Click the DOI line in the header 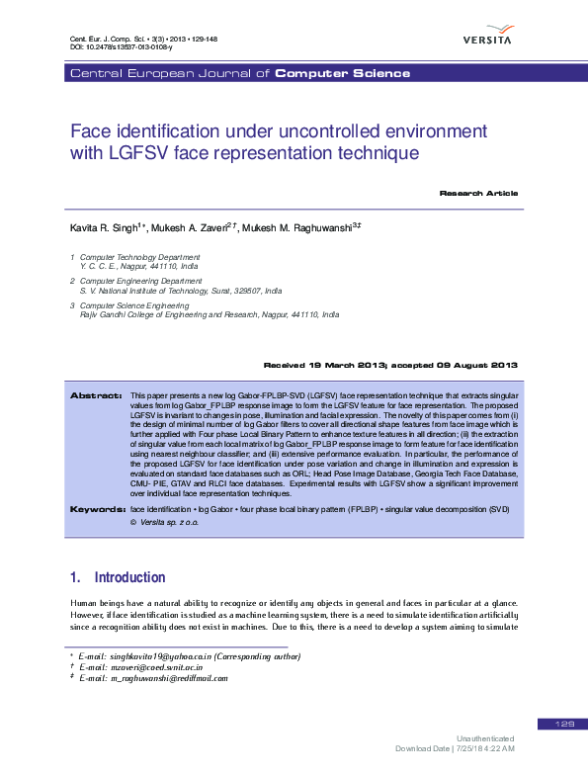click(121, 46)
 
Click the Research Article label click(478, 193)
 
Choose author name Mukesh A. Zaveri click(195, 227)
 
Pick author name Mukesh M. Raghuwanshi click(296, 227)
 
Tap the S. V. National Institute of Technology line click(180, 292)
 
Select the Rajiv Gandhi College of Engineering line click(209, 314)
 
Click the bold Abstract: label click(96, 394)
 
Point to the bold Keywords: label click(95, 509)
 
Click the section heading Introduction click(128, 577)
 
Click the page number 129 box click(564, 725)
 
